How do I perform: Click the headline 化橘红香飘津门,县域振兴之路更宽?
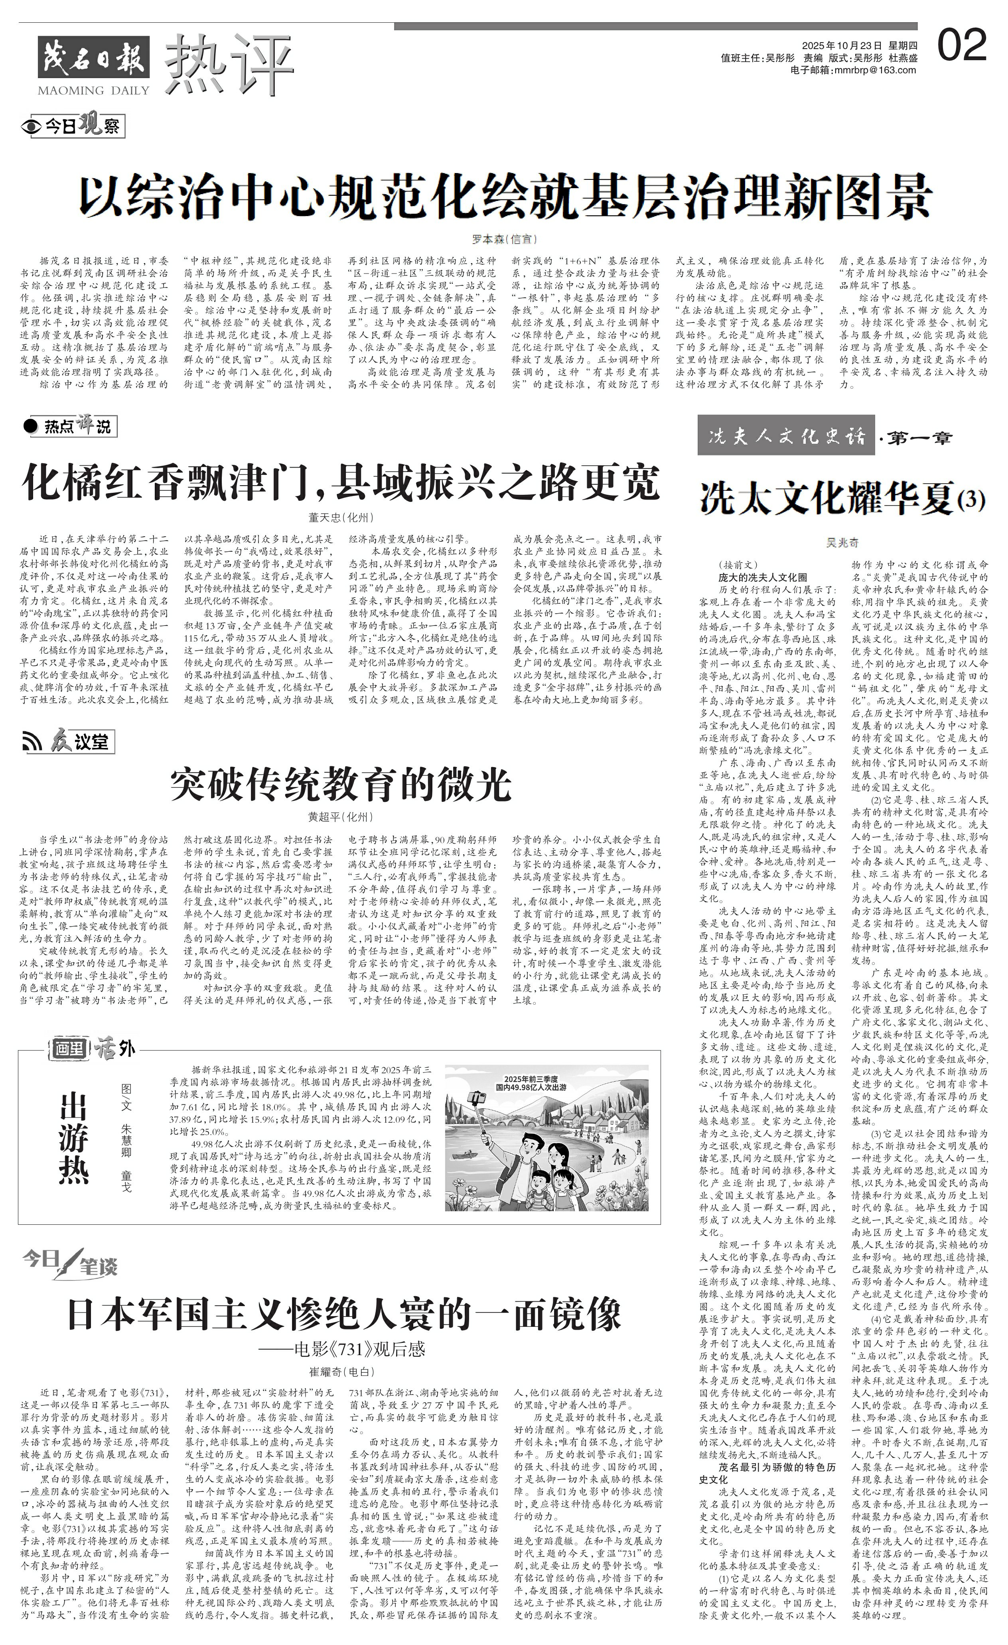[341, 483]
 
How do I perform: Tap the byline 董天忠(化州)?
[341, 518]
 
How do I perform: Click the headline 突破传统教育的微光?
[341, 784]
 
